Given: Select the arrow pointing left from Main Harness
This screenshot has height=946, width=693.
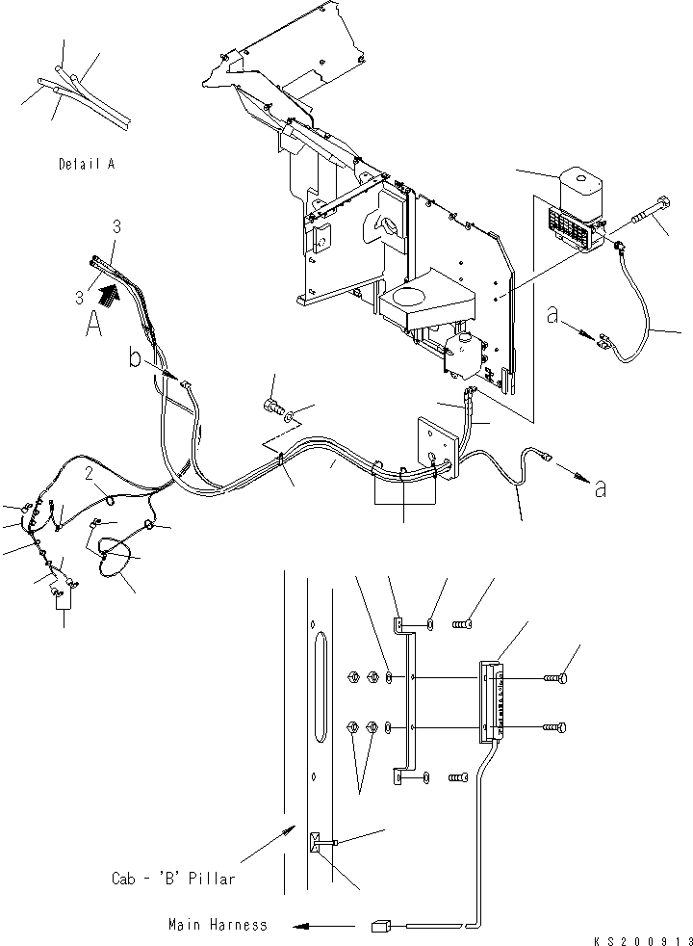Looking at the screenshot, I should point(317,927).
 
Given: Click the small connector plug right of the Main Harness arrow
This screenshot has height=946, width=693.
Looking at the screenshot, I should point(379,927).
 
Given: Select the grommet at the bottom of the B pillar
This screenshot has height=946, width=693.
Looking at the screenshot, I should point(317,844).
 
